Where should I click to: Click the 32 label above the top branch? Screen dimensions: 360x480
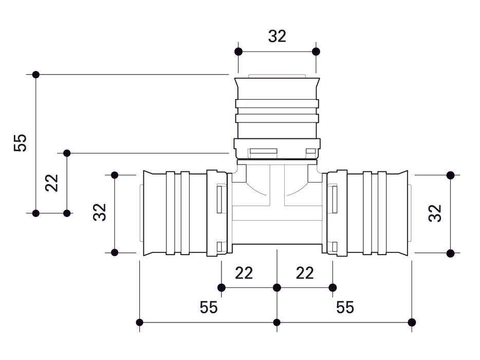point(277,36)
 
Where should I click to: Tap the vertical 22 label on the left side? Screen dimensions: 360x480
point(52,183)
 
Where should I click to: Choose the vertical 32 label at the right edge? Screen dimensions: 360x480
point(435,213)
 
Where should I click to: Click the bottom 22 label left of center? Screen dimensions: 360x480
point(244,273)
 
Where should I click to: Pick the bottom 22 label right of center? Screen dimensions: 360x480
point(305,273)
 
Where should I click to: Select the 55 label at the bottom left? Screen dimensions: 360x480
point(209,308)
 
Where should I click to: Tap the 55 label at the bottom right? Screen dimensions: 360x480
point(345,308)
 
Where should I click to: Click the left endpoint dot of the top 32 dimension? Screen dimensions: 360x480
point(238,51)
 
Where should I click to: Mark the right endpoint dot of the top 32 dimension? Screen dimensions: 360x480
point(316,51)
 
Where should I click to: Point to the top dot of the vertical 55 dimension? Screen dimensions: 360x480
point(35,75)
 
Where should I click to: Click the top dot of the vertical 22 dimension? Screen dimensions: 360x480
point(66,153)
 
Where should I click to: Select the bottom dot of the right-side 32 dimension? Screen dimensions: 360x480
point(450,253)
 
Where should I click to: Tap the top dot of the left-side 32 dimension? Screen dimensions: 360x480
point(115,175)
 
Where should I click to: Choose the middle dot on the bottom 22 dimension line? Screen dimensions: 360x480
point(277,287)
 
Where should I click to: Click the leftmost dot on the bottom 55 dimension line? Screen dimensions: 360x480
point(139,322)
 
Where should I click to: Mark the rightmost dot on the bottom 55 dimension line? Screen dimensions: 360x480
point(412,322)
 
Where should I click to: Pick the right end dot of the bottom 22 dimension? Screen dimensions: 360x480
point(333,287)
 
